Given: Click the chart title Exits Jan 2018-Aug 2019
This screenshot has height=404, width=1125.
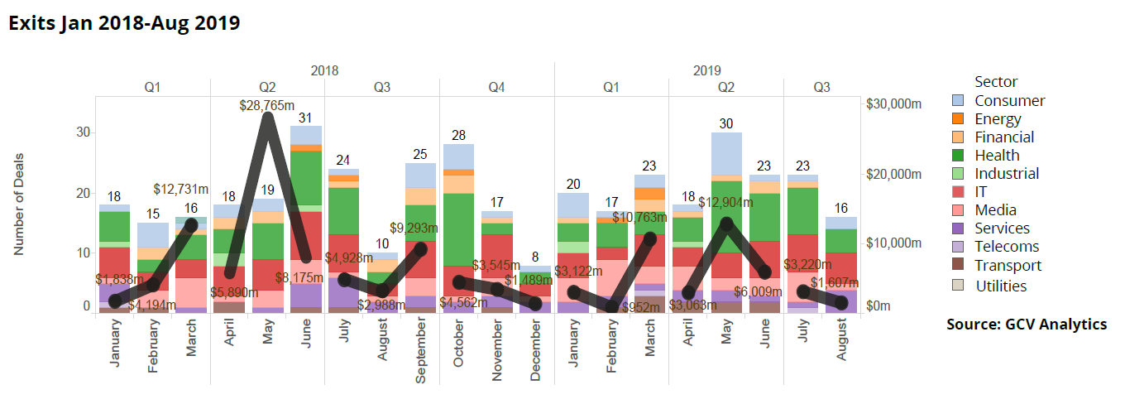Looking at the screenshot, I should pyautogui.click(x=124, y=22).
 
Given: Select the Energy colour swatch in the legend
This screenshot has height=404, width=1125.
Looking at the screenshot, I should pyautogui.click(x=960, y=119).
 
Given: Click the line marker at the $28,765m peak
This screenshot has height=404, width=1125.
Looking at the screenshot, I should pyautogui.click(x=267, y=118).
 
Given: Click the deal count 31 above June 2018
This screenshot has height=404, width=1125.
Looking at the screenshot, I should pyautogui.click(x=305, y=118).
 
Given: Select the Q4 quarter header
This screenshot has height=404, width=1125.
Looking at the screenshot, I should pyautogui.click(x=496, y=87).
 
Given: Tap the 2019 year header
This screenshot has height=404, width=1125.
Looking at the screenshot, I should pyautogui.click(x=706, y=70).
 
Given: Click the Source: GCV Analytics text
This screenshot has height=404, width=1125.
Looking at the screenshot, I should pyautogui.click(x=1026, y=325).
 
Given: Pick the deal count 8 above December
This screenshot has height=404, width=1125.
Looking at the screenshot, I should pyautogui.click(x=535, y=257).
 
